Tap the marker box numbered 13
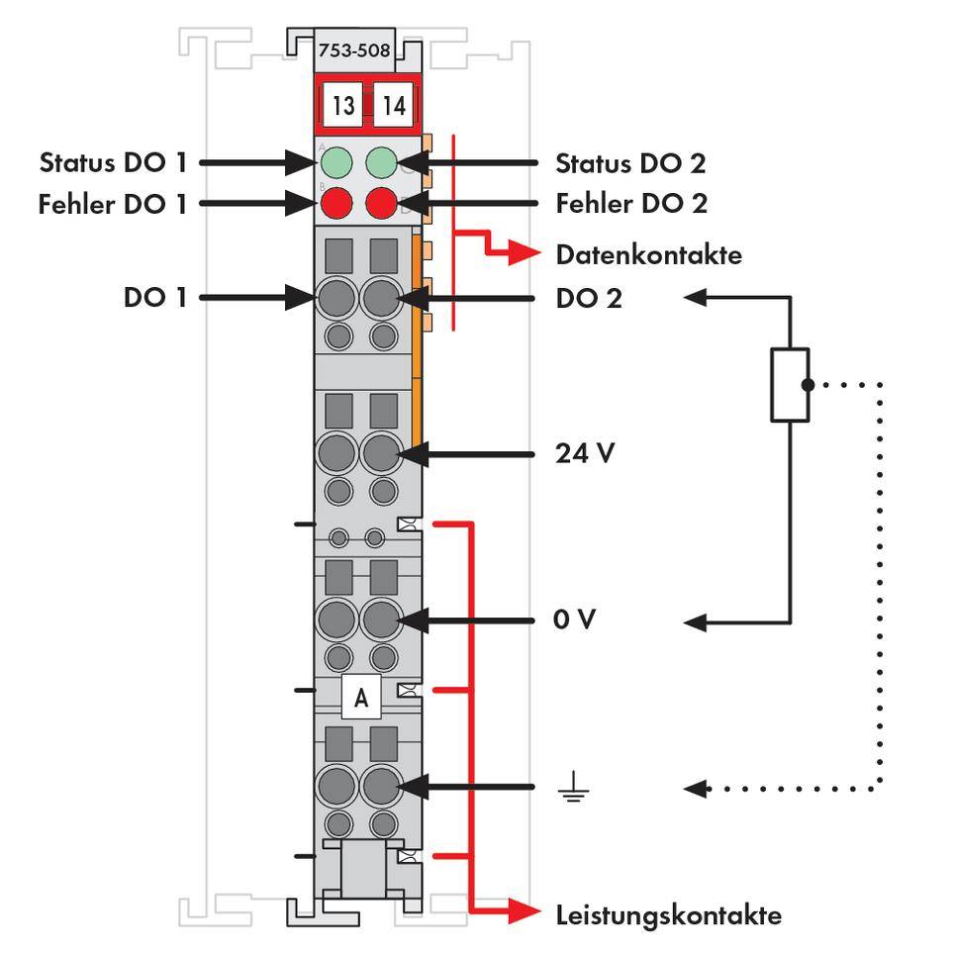(342, 106)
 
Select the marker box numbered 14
(394, 106)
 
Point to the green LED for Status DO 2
(382, 161)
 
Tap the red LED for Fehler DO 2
(382, 205)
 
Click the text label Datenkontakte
(648, 254)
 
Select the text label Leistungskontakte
(668, 914)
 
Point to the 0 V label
(576, 621)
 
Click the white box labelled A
(361, 697)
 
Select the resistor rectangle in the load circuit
(789, 384)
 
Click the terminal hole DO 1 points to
(337, 297)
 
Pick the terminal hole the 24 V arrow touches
(380, 456)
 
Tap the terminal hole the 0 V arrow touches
(380, 621)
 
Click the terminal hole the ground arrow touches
(380, 788)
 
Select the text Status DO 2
(630, 161)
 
